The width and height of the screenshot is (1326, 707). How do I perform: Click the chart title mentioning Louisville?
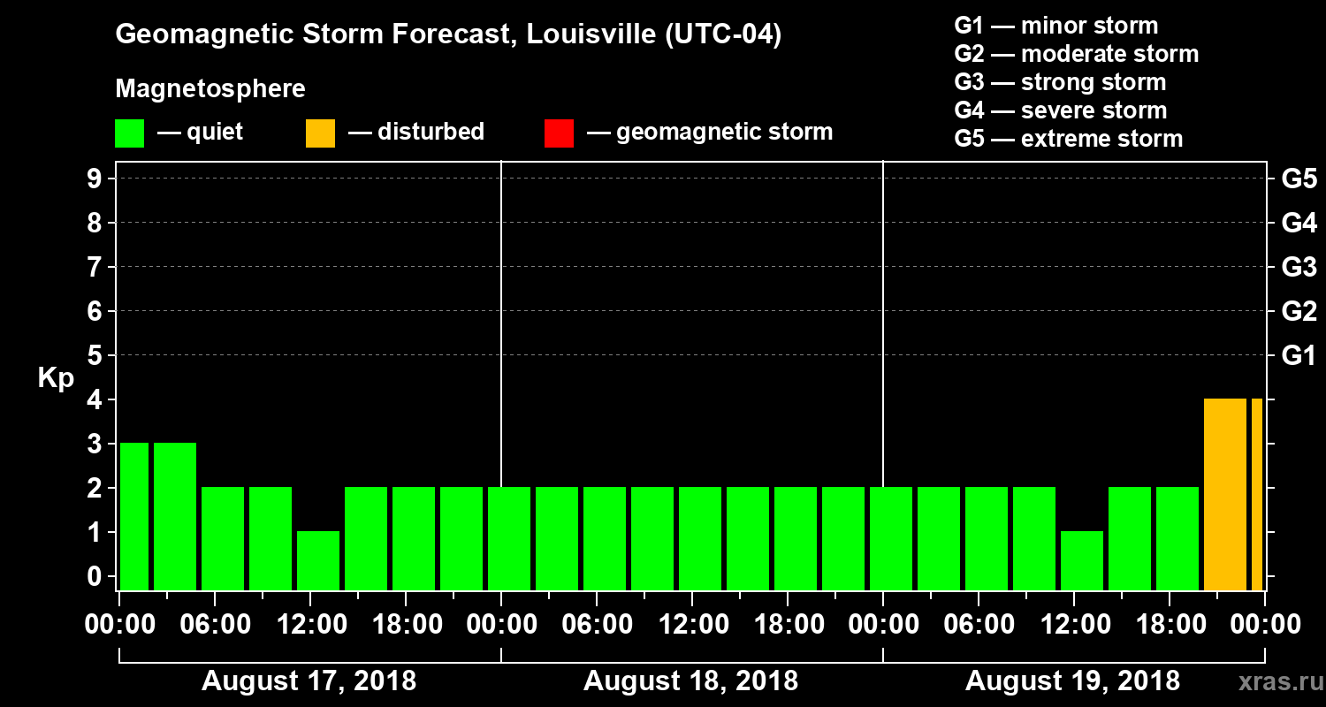click(x=448, y=35)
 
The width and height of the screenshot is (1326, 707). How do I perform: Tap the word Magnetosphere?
click(x=210, y=89)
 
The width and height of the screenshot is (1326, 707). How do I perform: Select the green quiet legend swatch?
click(x=129, y=133)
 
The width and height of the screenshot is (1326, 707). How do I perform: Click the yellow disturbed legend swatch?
click(x=320, y=133)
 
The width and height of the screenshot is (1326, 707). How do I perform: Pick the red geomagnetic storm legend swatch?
click(x=559, y=133)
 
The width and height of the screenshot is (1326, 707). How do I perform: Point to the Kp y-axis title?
click(x=56, y=378)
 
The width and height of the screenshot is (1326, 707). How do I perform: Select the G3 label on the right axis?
click(x=1299, y=267)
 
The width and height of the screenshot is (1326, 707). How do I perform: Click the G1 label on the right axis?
click(x=1299, y=356)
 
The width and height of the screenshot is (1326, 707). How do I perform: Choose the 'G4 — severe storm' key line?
click(x=1060, y=110)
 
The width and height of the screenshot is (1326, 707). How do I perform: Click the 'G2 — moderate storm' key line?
click(x=1076, y=54)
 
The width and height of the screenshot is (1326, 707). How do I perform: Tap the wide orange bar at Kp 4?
click(x=1224, y=494)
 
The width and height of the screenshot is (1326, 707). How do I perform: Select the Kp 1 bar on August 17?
click(x=318, y=560)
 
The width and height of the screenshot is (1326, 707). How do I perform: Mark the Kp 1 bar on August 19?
click(x=1082, y=560)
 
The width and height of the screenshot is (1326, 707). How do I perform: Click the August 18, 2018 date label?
click(x=690, y=681)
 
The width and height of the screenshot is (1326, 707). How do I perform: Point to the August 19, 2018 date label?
click(x=1072, y=681)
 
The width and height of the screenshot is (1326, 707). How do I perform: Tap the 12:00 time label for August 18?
click(x=692, y=625)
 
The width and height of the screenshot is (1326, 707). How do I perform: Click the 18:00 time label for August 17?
click(x=406, y=625)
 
